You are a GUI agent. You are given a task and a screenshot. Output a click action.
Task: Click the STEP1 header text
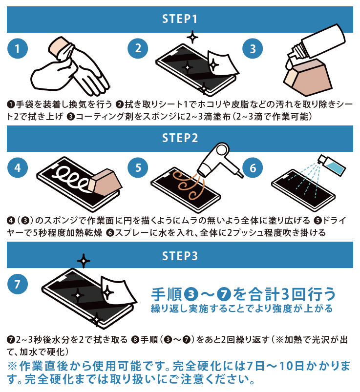click(180, 19)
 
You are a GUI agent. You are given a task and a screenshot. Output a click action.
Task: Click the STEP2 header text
click(180, 138)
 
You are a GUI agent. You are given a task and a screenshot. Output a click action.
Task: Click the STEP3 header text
click(180, 255)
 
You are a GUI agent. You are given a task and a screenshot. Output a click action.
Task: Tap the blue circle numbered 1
click(18, 48)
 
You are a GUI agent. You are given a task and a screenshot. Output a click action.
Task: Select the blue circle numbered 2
click(138, 48)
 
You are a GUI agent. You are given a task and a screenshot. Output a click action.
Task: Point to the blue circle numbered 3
click(253, 48)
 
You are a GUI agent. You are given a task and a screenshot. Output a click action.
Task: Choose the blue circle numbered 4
click(18, 168)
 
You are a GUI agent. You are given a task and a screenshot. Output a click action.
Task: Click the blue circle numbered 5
click(138, 168)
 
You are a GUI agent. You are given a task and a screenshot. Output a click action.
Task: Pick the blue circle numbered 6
click(253, 168)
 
